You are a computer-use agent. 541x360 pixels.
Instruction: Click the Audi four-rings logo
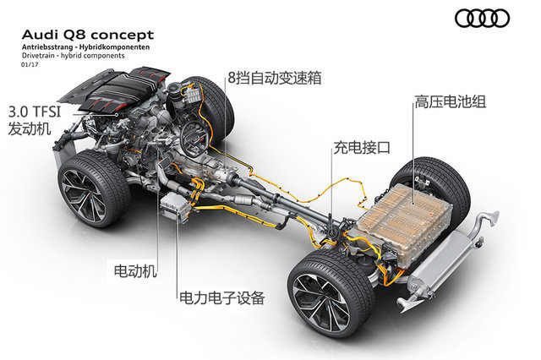tap(482, 19)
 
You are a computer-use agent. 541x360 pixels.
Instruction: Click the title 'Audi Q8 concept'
tap(88, 35)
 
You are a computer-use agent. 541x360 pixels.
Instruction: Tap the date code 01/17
tap(30, 64)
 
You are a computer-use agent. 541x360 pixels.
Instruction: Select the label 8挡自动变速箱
tap(275, 78)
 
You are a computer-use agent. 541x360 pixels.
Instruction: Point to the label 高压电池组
tap(451, 101)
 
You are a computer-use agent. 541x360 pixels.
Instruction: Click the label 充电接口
tap(362, 148)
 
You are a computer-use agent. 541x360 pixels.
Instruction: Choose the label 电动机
tap(135, 271)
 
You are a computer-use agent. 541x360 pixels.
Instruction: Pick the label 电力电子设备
tap(221, 298)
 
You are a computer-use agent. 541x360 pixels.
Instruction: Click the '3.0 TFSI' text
tap(35, 112)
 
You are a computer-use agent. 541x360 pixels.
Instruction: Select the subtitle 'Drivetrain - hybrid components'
tap(74, 56)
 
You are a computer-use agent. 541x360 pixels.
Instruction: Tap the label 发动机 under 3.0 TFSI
tap(30, 128)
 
